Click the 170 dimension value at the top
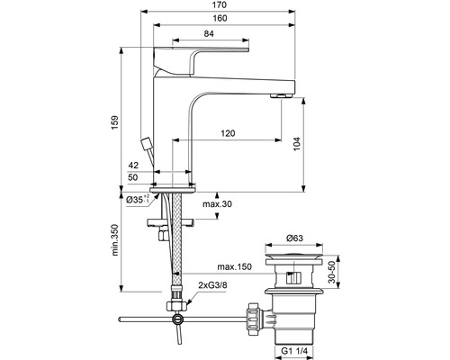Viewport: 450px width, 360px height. [220, 5]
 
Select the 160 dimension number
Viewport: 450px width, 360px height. [220, 18]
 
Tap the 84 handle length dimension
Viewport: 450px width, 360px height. [209, 34]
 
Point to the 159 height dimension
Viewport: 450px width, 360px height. [115, 122]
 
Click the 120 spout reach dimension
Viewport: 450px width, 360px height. [228, 133]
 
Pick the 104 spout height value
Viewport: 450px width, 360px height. [296, 144]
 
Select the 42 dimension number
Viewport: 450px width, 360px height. [133, 166]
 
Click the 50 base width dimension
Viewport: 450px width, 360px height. [133, 177]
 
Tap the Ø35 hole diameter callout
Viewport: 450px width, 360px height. [138, 200]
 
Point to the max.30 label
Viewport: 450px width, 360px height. [218, 204]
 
